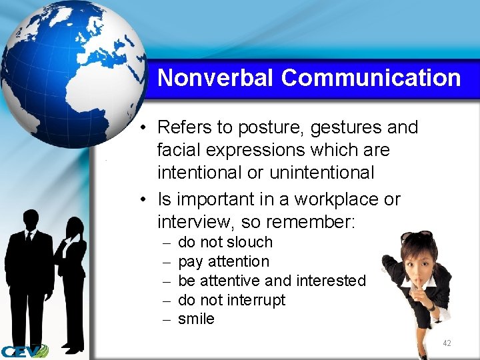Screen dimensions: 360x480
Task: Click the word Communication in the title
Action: pyautogui.click(x=371, y=78)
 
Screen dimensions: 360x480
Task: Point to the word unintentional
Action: pyautogui.click(x=321, y=173)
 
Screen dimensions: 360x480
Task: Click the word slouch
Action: pyautogui.click(x=250, y=242)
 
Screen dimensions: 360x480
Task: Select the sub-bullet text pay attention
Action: pyautogui.click(x=224, y=261)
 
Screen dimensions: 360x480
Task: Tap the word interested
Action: pyautogui.click(x=329, y=281)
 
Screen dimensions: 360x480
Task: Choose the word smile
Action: pyautogui.click(x=196, y=319)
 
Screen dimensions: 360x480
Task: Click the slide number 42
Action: pyautogui.click(x=447, y=343)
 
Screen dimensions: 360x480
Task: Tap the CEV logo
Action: pyautogui.click(x=24, y=351)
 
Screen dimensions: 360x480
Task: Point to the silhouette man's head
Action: pyautogui.click(x=31, y=219)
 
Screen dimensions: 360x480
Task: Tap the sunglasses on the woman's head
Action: pyautogui.click(x=417, y=237)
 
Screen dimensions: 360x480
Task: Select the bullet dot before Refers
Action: pyautogui.click(x=145, y=128)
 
